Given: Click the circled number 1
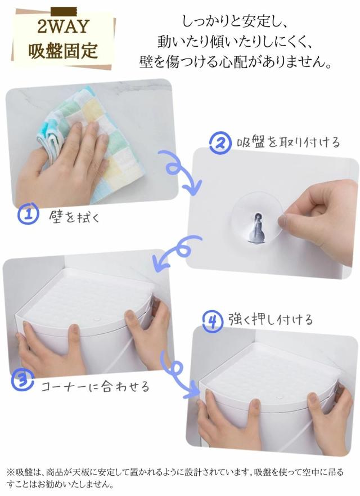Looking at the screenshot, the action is point(28,214).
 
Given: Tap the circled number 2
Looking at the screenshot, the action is point(220,143).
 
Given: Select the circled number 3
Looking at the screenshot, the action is point(22,381).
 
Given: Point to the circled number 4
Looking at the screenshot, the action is point(213,322).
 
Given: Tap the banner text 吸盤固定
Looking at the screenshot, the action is point(63,50).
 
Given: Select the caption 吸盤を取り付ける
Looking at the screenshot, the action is point(288,142).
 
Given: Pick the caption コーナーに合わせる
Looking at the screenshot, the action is point(95,386).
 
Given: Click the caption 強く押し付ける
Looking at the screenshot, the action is point(271,319).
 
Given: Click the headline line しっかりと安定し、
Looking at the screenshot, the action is point(235,22).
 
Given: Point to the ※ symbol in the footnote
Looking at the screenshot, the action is point(11,472).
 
